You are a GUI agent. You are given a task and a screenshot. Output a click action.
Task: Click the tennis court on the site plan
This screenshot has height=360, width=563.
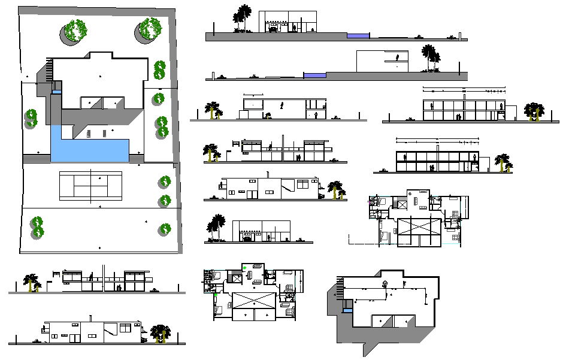tap(90, 185)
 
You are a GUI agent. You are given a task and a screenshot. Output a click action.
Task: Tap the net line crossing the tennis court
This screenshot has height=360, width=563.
tap(90, 185)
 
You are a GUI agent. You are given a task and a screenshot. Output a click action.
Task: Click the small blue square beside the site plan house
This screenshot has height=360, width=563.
tap(56, 91)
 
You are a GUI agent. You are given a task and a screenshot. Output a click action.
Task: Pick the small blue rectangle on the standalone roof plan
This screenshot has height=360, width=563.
tap(347, 310)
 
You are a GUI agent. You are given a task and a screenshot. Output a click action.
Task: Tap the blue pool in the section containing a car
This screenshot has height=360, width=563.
tap(359, 36)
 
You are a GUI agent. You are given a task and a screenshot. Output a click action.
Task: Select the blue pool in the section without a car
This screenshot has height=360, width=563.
tap(315, 75)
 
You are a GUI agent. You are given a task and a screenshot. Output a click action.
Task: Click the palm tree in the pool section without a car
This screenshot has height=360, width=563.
tap(428, 58)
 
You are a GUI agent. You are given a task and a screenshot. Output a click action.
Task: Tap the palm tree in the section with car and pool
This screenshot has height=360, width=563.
tap(243, 18)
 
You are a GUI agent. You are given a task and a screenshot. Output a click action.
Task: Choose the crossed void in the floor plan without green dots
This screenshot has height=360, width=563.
tap(419, 231)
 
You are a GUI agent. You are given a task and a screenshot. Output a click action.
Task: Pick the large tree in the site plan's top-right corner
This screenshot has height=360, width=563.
tap(150, 30)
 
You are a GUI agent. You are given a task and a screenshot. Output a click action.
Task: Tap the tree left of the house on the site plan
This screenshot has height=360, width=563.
tap(32, 118)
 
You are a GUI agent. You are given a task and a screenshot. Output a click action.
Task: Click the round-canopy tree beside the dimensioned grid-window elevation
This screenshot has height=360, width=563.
tap(532, 112)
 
